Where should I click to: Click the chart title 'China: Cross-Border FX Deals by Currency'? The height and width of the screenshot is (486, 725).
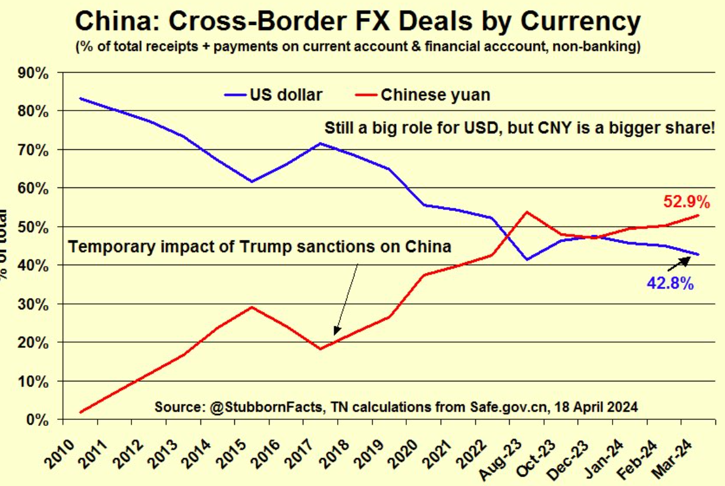coord(357,22)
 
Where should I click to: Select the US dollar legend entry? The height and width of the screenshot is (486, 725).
coord(274,95)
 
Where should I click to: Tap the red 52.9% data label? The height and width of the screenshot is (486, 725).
coord(687,202)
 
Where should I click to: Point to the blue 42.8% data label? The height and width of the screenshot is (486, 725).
coord(670,284)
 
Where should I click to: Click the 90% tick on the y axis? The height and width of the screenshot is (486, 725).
coord(34,73)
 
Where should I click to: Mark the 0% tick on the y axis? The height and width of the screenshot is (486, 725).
coord(38,419)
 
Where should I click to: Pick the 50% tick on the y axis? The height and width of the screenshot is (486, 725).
coord(34,227)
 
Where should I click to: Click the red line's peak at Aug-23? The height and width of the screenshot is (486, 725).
coord(527,212)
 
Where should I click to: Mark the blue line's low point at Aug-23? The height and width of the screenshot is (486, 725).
coord(527,259)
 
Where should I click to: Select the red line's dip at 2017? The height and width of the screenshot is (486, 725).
coord(321,349)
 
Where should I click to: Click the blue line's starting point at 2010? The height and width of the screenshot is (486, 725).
coord(80,98)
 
